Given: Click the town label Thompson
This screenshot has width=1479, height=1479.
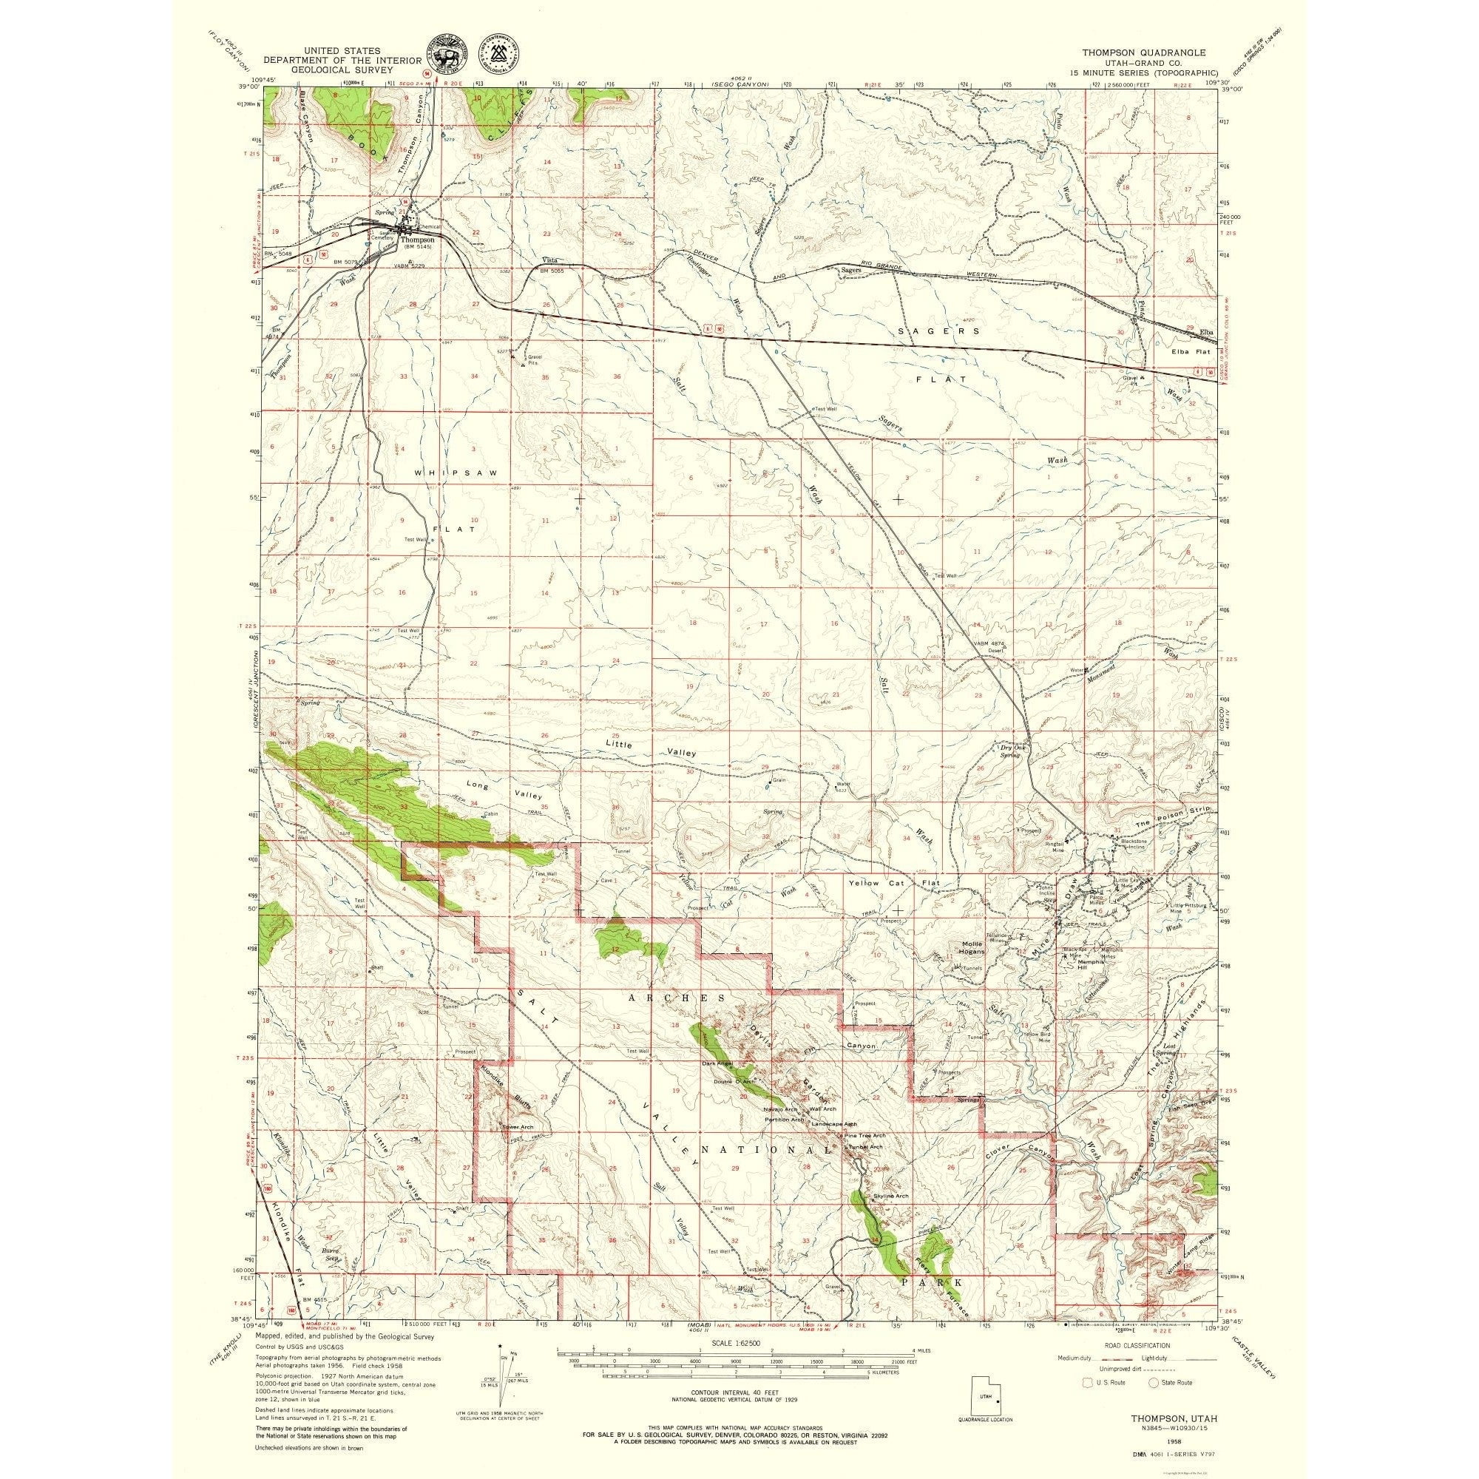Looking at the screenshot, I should pyautogui.click(x=417, y=239).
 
